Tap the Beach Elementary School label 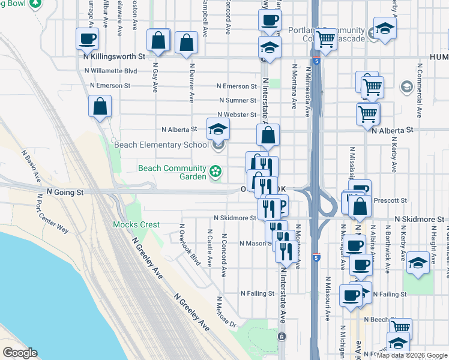point(157,145)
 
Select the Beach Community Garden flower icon point(215,173)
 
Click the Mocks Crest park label point(136,225)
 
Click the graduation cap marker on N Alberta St point(218,128)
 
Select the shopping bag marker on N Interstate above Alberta point(268,134)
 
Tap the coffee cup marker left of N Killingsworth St point(88,39)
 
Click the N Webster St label point(237,115)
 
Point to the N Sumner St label point(238,100)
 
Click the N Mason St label point(256,244)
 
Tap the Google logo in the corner point(20,353)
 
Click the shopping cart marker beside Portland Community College point(326,40)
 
